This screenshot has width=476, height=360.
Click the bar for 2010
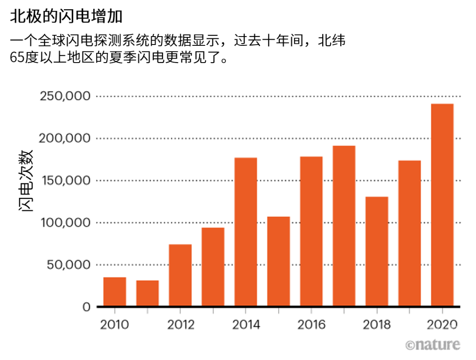115,292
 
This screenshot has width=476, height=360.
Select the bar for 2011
147,293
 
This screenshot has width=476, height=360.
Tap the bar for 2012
180,275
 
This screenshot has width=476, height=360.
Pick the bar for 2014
245,232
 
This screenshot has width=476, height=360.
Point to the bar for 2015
279,261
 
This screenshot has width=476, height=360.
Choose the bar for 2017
344,226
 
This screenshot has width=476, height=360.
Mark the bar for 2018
377,252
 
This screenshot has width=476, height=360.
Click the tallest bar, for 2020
442,205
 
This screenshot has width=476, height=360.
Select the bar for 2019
409,234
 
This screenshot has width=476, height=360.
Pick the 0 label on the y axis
86,307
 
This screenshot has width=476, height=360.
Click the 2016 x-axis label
311,325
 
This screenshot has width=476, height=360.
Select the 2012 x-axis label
180,325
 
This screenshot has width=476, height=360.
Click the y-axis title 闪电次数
26,181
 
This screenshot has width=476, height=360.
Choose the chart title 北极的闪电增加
66,17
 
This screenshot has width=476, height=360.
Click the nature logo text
432,344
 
